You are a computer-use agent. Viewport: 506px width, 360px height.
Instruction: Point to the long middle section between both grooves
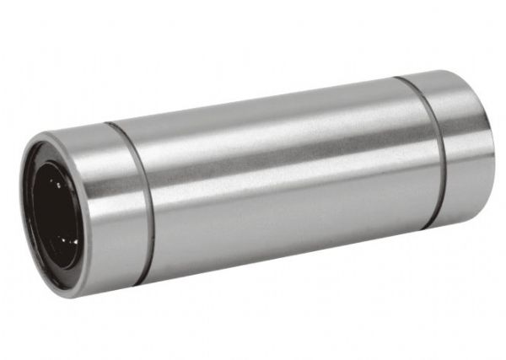[x=278, y=177]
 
